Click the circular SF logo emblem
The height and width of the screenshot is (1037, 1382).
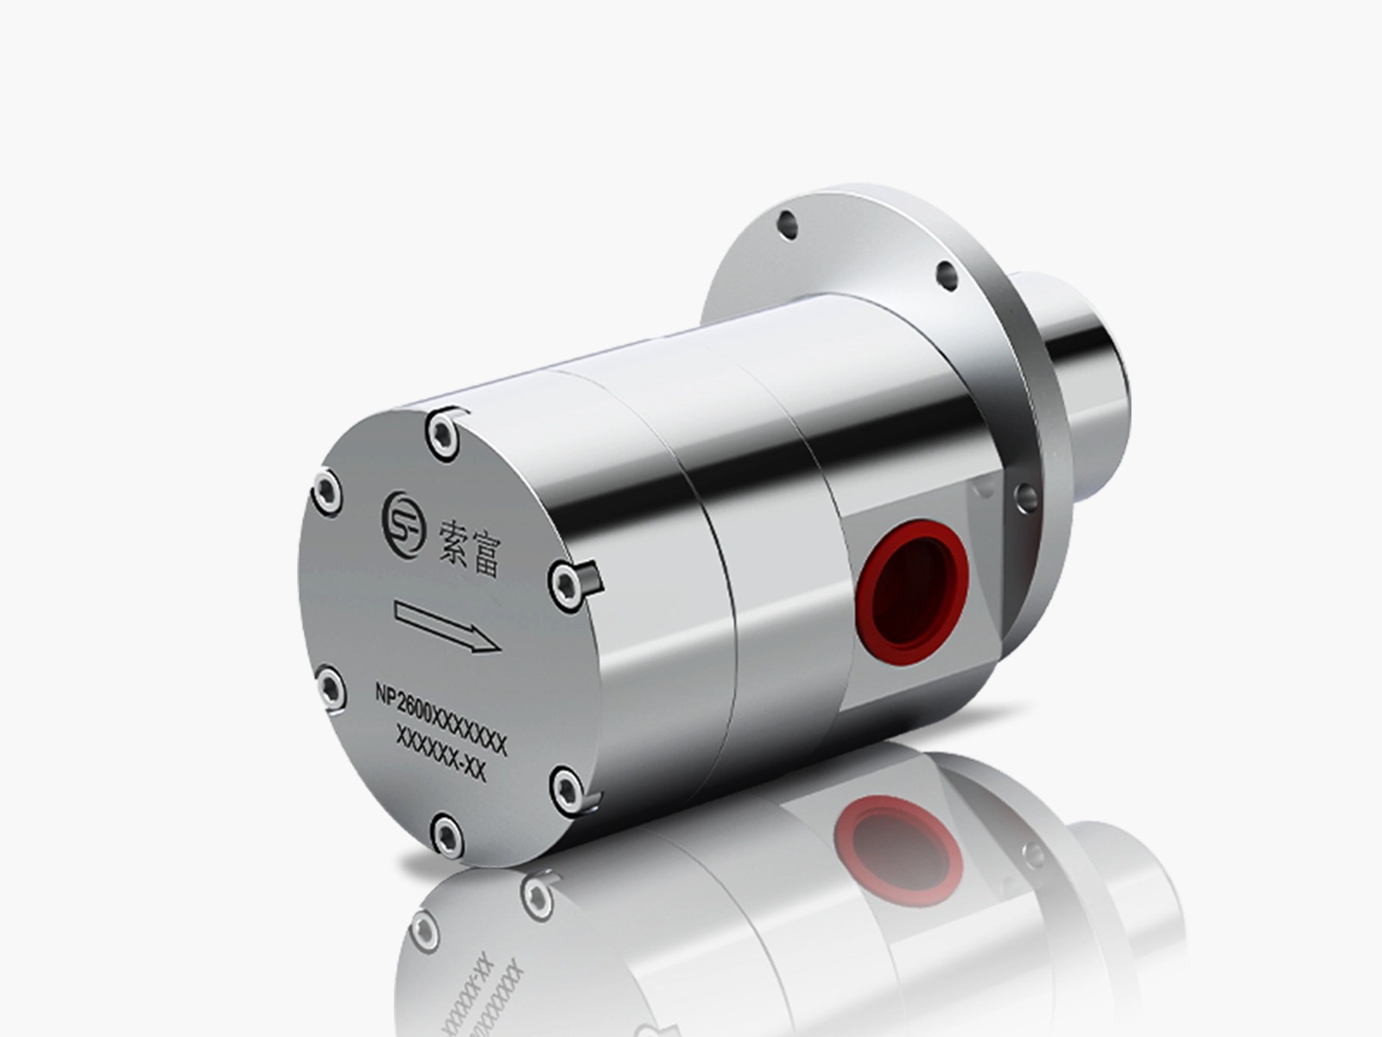point(404,524)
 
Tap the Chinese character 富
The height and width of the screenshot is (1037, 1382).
point(486,556)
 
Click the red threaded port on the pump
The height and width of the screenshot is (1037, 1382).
point(912,592)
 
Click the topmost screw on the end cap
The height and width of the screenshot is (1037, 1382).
point(442,434)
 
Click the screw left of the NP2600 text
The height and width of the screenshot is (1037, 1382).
point(331,688)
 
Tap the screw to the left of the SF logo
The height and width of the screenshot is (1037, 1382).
point(326,493)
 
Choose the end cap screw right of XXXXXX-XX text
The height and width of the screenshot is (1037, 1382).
point(567,790)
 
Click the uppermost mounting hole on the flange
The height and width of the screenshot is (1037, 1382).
point(786,224)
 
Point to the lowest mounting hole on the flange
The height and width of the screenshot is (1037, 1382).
point(1025,497)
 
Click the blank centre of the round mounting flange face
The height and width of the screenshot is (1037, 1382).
point(872,251)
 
